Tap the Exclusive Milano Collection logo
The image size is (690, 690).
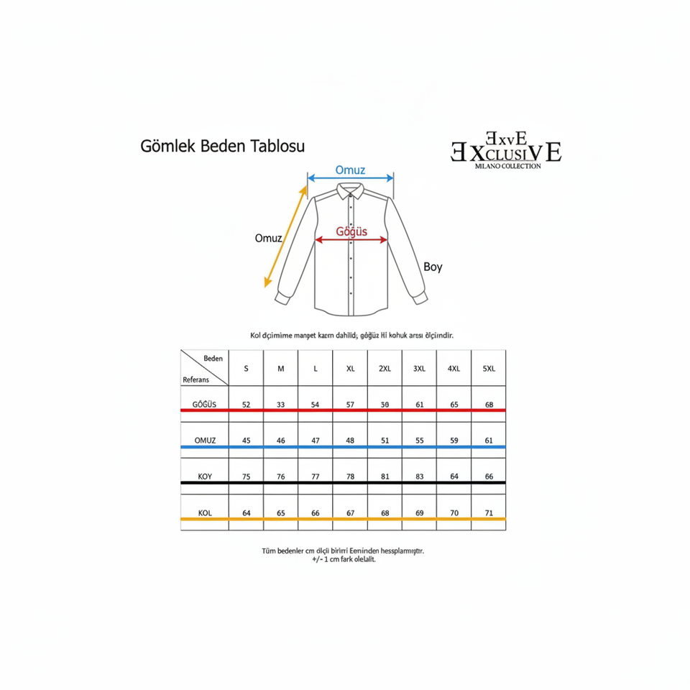tap(506, 150)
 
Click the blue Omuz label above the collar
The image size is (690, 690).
tap(351, 170)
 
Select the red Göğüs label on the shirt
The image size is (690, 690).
tap(352, 231)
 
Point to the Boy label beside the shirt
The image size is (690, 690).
tap(433, 267)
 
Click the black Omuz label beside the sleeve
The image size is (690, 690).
tap(268, 239)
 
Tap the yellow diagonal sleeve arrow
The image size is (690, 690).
tap(286, 234)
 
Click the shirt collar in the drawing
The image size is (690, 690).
tap(351, 189)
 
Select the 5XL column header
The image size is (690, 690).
tap(489, 369)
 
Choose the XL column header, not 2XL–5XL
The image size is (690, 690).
tap(351, 369)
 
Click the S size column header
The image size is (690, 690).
tap(247, 369)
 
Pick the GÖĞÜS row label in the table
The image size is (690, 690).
tap(205, 405)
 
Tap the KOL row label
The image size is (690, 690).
tap(205, 513)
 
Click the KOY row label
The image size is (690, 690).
tap(205, 477)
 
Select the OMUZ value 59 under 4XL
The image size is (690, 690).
tap(454, 441)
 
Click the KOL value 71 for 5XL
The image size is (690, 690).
tap(489, 513)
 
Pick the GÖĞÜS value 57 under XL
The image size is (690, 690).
tap(351, 405)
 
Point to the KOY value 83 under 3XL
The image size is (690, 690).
tap(420, 477)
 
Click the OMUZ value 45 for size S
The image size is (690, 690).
tap(247, 441)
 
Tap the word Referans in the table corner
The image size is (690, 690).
tap(195, 379)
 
